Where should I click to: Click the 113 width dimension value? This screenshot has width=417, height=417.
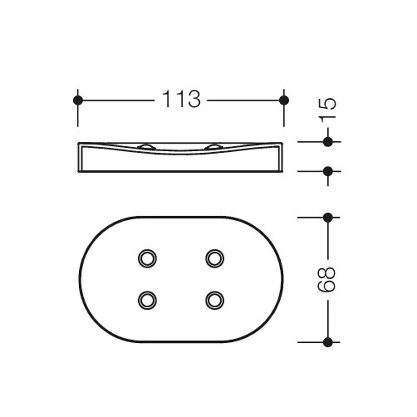click(x=181, y=99)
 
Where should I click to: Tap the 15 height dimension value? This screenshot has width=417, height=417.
click(x=328, y=110)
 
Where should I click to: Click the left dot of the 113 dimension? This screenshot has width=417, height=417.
click(x=78, y=100)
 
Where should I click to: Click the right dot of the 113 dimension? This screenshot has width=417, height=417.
click(x=284, y=100)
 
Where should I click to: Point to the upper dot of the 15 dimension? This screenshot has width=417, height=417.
click(x=328, y=142)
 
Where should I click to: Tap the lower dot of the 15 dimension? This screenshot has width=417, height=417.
click(x=328, y=171)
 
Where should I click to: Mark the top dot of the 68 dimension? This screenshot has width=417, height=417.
click(x=328, y=217)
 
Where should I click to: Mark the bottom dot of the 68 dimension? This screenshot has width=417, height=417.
click(x=328, y=342)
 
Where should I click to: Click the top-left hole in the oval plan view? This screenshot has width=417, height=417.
click(x=147, y=258)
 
